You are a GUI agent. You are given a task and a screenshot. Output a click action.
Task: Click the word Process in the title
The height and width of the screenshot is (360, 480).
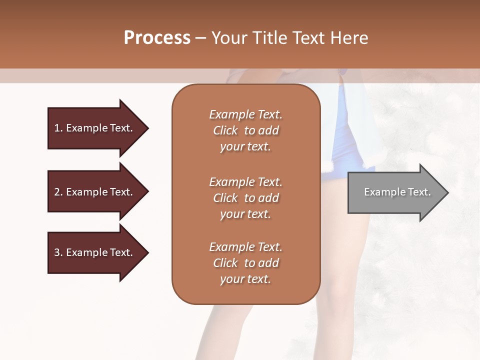[157, 38]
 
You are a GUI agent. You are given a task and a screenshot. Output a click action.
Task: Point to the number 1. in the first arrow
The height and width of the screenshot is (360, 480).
[58, 128]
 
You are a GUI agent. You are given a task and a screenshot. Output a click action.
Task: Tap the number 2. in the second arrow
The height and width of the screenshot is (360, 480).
[58, 192]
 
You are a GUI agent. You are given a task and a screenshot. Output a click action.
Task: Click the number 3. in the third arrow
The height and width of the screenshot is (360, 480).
[58, 252]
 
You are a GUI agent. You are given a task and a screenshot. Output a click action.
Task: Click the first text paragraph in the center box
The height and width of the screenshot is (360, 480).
[245, 130]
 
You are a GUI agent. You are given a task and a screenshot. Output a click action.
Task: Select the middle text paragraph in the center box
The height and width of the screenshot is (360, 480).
[245, 198]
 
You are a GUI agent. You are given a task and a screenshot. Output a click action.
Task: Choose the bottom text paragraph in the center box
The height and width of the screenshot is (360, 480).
[245, 263]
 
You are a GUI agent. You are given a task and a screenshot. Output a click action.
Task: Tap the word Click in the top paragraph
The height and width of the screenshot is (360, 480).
[225, 130]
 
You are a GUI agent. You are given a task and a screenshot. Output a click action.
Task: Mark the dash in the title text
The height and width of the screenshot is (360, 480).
[200, 38]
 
